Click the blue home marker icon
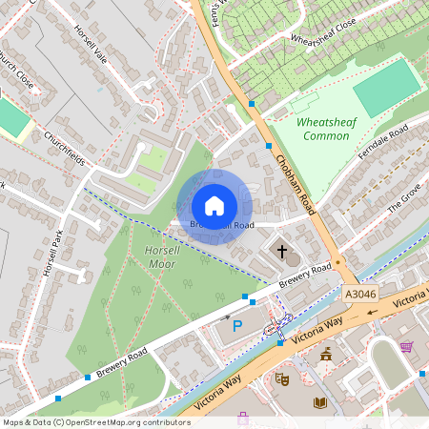pyautogui.click(x=214, y=206)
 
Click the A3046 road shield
pyautogui.click(x=362, y=295)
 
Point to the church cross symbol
pyautogui.click(x=282, y=251)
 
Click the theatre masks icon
pyautogui.click(x=282, y=379)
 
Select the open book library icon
pyautogui.click(x=320, y=403)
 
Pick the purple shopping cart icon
pyautogui.click(x=406, y=346)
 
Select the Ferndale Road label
pyautogui.click(x=383, y=142)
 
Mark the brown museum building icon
pyautogui.click(x=326, y=355)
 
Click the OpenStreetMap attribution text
pyautogui.click(x=96, y=421)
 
